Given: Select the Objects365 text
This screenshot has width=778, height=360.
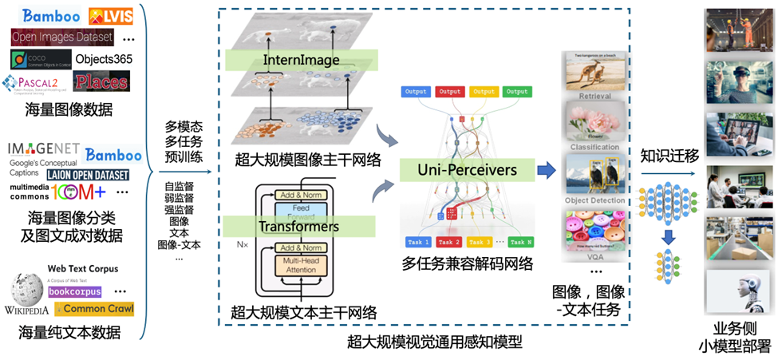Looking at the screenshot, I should pos(105,59).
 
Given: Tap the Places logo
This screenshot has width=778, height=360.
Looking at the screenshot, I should pos(101,81).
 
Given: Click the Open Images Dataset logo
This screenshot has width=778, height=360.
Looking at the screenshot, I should pos(62,38).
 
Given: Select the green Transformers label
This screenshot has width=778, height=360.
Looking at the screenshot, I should pos(298,227).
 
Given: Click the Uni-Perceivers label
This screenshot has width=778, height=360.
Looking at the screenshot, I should pos(468,169).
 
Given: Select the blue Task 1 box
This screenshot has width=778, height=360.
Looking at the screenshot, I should pos(417,242).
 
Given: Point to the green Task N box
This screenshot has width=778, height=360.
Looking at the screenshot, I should pos(521,242).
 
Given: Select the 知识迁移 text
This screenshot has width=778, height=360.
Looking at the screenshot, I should pos(669,156).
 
